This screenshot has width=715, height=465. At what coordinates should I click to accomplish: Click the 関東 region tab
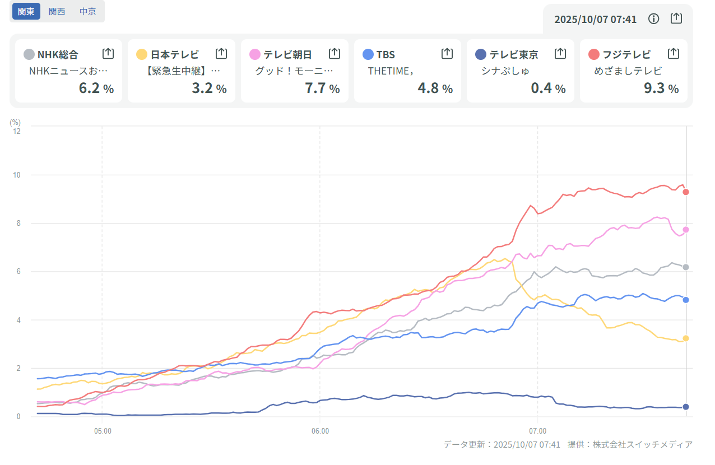(x=26, y=11)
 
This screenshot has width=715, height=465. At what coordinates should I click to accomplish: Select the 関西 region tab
(x=57, y=11)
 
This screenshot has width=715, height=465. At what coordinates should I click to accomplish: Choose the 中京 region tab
(x=87, y=11)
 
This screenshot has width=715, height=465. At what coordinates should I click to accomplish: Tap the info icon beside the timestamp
(x=653, y=19)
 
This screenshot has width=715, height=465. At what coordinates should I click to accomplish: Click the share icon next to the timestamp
(x=676, y=18)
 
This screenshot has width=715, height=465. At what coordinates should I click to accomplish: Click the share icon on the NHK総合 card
(x=108, y=54)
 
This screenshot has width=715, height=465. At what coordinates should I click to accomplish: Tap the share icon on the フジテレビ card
(x=674, y=54)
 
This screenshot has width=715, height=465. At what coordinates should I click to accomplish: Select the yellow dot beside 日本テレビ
(x=142, y=54)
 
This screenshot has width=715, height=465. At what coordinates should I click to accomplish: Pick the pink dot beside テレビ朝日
(x=255, y=54)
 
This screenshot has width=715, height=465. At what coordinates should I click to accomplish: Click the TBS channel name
(x=386, y=54)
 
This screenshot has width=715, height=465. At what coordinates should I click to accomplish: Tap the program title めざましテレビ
(x=628, y=71)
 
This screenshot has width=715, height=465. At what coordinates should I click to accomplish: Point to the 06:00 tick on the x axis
(x=320, y=431)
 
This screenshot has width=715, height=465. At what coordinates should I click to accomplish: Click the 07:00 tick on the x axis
(x=537, y=431)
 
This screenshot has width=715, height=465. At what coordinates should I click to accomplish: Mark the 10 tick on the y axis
(x=17, y=175)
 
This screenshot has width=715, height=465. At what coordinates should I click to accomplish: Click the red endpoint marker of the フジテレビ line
(x=685, y=192)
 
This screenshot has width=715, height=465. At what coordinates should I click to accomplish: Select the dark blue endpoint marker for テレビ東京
(x=685, y=407)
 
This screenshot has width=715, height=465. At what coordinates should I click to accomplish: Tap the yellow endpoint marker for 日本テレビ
(x=685, y=338)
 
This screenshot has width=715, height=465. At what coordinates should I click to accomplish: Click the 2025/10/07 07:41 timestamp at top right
(x=595, y=20)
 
